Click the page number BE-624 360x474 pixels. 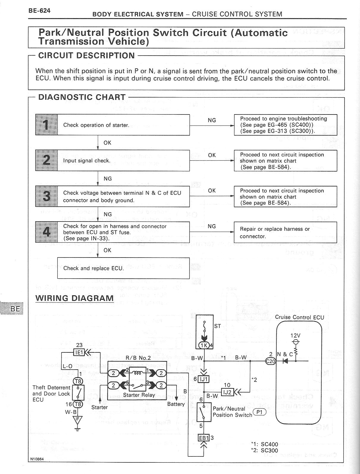(40, 11)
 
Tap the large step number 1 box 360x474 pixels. (46, 125)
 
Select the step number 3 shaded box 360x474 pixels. (46, 196)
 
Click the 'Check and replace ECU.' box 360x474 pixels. (123, 268)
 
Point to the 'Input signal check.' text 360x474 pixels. (87, 161)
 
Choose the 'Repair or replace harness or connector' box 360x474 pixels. (285, 232)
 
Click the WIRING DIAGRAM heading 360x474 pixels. (74, 298)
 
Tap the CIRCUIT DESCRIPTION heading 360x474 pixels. (86, 56)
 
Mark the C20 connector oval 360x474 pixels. (271, 361)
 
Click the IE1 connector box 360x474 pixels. (79, 353)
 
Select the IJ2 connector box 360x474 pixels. (227, 392)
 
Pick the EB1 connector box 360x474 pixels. (204, 438)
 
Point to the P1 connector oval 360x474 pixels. (259, 412)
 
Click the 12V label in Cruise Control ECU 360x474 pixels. (295, 335)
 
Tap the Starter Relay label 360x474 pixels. (139, 395)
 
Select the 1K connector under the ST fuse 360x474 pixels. (204, 345)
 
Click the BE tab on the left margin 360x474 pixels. (15, 309)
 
